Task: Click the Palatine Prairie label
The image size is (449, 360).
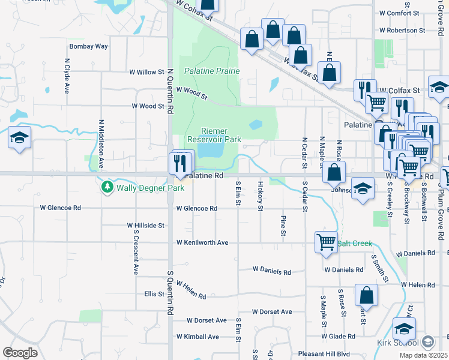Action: pos(212,71)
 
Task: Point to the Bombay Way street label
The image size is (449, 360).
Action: pos(88,46)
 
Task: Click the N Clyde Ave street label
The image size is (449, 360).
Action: pos(66,76)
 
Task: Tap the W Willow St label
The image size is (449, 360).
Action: pos(147,72)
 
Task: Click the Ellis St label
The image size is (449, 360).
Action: pos(154,294)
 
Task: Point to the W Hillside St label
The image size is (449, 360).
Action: pos(145,226)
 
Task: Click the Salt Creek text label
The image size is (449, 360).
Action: pos(355,243)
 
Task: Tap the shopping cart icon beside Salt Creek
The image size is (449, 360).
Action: pos(326,242)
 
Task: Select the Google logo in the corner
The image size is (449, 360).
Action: pos(20,352)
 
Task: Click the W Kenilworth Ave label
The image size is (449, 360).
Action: pos(202,242)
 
